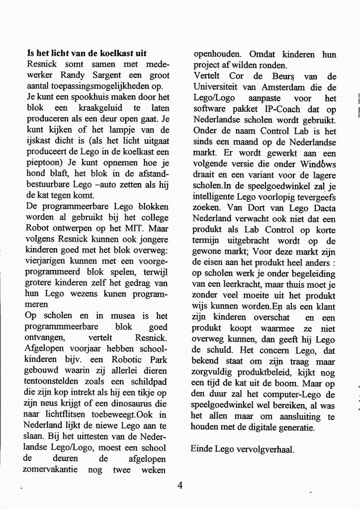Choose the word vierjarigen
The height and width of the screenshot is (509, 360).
click(x=46, y=260)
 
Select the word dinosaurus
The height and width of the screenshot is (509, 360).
click(x=138, y=403)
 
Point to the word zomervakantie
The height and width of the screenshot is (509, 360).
click(x=51, y=469)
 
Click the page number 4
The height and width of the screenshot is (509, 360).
click(x=180, y=486)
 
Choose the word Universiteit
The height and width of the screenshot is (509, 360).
click(x=218, y=87)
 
